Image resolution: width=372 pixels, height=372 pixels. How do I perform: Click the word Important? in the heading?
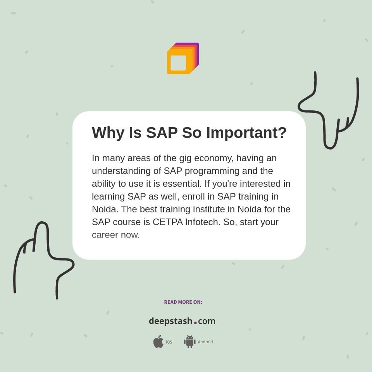pyautogui.click(x=246, y=133)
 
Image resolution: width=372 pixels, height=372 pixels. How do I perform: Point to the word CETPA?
pyautogui.click(x=168, y=222)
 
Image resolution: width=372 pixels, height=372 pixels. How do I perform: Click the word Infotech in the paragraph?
pyautogui.click(x=202, y=222)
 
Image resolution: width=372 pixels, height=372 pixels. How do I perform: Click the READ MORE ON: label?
pyautogui.click(x=183, y=302)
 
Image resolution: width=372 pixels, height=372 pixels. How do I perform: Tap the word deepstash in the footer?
pyautogui.click(x=170, y=321)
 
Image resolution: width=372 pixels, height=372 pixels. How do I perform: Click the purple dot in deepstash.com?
pyautogui.click(x=195, y=323)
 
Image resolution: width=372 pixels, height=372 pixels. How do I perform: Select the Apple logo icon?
pyautogui.click(x=158, y=341)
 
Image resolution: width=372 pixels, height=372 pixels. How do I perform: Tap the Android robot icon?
pyautogui.click(x=189, y=341)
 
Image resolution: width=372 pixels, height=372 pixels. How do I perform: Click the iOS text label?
pyautogui.click(x=169, y=342)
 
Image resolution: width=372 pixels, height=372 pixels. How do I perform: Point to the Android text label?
pyautogui.click(x=205, y=342)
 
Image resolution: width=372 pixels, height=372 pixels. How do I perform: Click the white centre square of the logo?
pyautogui.click(x=178, y=63)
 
